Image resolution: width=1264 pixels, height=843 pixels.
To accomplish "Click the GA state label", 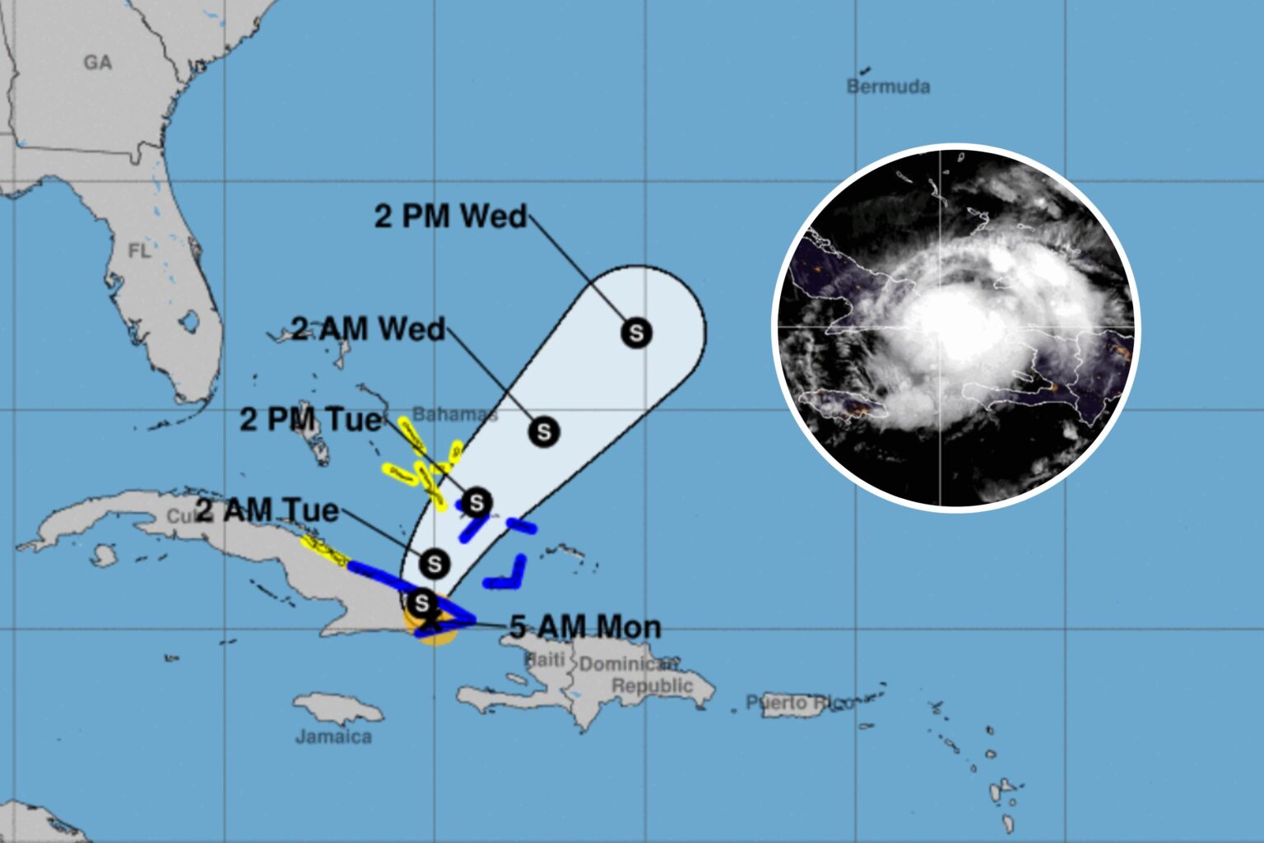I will pos(97,63).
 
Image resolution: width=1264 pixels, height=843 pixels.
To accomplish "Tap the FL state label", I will pos(140,250).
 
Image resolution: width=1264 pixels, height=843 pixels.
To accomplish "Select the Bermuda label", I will pos(889,86).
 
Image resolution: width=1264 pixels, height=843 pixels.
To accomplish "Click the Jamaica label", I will pos(333,737).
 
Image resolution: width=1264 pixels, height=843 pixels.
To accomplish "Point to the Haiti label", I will pos(545,659).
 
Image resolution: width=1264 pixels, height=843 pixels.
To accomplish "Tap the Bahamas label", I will pos(454,413).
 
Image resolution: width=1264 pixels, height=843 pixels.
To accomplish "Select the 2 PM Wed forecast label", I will pos(450,216).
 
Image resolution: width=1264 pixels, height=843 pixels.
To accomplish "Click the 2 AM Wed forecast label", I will pos(368,329).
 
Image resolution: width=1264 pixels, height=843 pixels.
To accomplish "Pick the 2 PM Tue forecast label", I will pos(311,420).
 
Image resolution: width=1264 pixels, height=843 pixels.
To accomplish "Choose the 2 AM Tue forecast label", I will pos(267,510).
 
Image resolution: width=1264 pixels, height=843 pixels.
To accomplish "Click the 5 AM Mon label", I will pos(585,627).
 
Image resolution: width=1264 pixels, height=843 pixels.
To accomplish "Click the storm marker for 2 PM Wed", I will pos(636,333).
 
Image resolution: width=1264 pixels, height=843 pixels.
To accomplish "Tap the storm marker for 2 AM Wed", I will pos(544,431).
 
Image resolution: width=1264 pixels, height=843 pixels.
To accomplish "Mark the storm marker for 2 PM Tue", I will pos(476,501).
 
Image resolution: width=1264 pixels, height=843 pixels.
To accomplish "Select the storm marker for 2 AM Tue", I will pos(434,564).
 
